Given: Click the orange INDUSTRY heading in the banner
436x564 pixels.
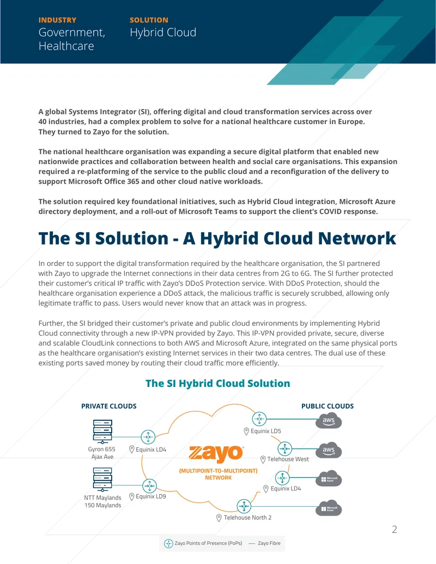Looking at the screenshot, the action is tap(57, 20).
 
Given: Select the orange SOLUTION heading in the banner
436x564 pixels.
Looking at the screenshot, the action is tap(149, 20).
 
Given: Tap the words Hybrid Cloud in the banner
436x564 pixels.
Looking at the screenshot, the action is tap(163, 33).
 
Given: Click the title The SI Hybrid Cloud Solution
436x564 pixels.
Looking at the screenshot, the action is tap(217, 384).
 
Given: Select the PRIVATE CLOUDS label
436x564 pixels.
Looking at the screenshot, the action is tap(109, 406).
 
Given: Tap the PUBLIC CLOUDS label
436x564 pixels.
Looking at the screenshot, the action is tap(328, 406).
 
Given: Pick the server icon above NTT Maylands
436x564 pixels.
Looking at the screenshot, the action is tap(102, 480).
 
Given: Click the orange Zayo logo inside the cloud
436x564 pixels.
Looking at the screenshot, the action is tap(216, 453).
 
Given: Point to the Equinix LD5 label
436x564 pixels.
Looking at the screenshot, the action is tap(263, 431).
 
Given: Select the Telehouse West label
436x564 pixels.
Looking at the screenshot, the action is tap(284, 459).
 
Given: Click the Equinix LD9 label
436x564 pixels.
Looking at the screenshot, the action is tap(148, 496).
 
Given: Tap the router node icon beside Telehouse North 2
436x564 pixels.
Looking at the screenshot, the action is tap(244, 506).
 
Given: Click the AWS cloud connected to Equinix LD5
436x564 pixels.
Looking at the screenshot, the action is tap(329, 421).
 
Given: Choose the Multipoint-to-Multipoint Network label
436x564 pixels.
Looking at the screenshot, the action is tap(219, 474).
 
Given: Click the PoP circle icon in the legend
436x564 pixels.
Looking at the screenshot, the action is tap(168, 543).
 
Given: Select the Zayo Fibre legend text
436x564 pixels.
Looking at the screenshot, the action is tap(269, 543).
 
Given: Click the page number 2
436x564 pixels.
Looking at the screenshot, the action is tap(394, 530).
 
